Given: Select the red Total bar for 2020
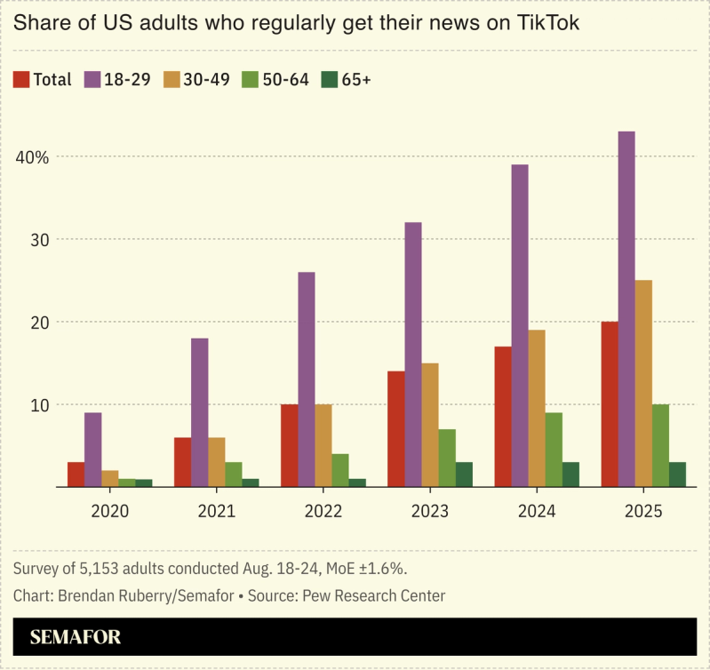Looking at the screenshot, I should point(76,475).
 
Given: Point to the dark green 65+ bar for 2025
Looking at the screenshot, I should point(677,475).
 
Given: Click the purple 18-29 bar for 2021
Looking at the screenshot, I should point(200,412).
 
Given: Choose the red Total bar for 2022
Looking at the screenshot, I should point(290,445).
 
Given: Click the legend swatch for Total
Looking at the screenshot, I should point(21,80).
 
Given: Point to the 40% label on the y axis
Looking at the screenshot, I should point(31,156).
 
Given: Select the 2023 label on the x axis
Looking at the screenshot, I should point(430,512).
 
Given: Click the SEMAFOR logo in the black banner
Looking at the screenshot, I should point(75,637).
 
